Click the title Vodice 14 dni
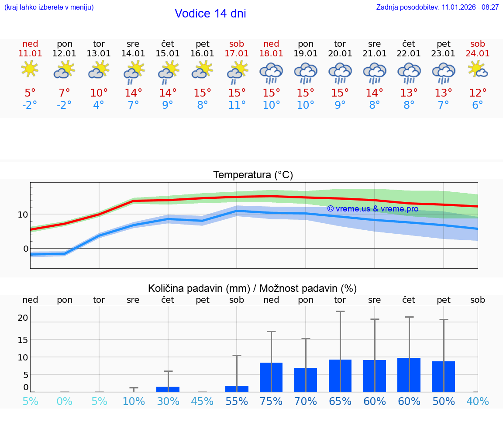tap(210, 14)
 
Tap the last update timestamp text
tap(438, 7)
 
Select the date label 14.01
tap(133, 54)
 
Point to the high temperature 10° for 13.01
tap(99, 93)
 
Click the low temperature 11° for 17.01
tap(237, 105)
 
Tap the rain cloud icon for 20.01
tap(340, 73)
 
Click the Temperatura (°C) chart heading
tap(253, 175)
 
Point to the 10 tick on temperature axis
tap(23, 215)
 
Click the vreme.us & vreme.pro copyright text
tap(372, 209)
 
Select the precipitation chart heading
tap(252, 288)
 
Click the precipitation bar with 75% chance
tap(271, 377)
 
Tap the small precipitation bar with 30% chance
tap(168, 389)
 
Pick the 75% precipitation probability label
tap(271, 402)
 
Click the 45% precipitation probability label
tap(202, 402)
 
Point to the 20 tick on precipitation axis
tap(23, 318)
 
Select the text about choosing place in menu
tap(49, 7)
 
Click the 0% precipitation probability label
tap(65, 402)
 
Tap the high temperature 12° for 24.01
tap(478, 93)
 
